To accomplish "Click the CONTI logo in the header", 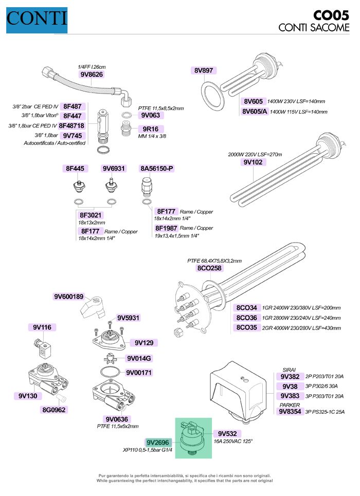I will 37,19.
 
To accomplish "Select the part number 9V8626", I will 92,75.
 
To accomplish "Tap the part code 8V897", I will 204,70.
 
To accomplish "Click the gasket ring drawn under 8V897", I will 211,94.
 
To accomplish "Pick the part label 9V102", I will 253,162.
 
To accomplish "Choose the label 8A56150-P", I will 157,168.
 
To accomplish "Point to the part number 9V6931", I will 114,168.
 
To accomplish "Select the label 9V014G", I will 138,358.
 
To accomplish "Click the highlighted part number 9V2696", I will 158,442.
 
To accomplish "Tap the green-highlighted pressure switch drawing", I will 193,437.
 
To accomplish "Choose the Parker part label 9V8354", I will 290,412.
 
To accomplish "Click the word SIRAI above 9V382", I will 290,370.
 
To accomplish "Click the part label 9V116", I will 44,327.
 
